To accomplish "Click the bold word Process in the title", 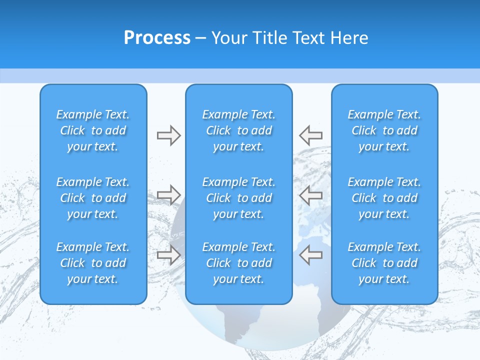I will (157, 38).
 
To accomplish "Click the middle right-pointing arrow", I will (168, 195).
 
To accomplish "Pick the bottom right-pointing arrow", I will (168, 255).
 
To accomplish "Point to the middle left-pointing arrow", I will (311, 195).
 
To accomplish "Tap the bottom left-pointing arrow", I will (311, 255).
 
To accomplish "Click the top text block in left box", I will (93, 130).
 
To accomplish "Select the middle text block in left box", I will (93, 198).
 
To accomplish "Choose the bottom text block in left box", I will (93, 263).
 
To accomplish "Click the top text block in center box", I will (239, 130).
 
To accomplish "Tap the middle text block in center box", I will (239, 198).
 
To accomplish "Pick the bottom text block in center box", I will (239, 263).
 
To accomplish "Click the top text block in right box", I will (384, 130).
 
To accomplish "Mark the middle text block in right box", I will (384, 198).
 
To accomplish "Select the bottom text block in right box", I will (384, 263).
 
